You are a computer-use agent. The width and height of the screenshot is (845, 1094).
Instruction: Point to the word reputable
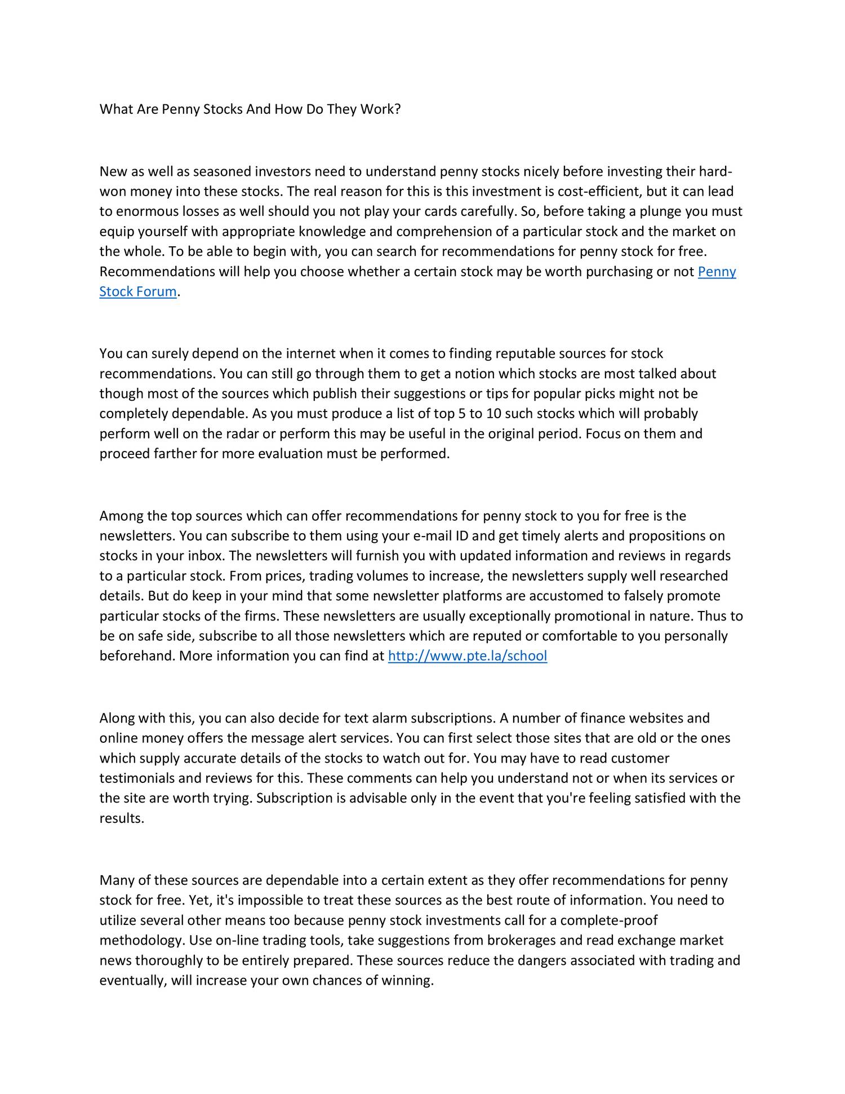tap(525, 353)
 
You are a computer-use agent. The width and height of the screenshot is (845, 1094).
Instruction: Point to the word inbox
tap(206, 556)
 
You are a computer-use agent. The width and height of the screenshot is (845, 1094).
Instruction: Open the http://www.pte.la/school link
tap(468, 655)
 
